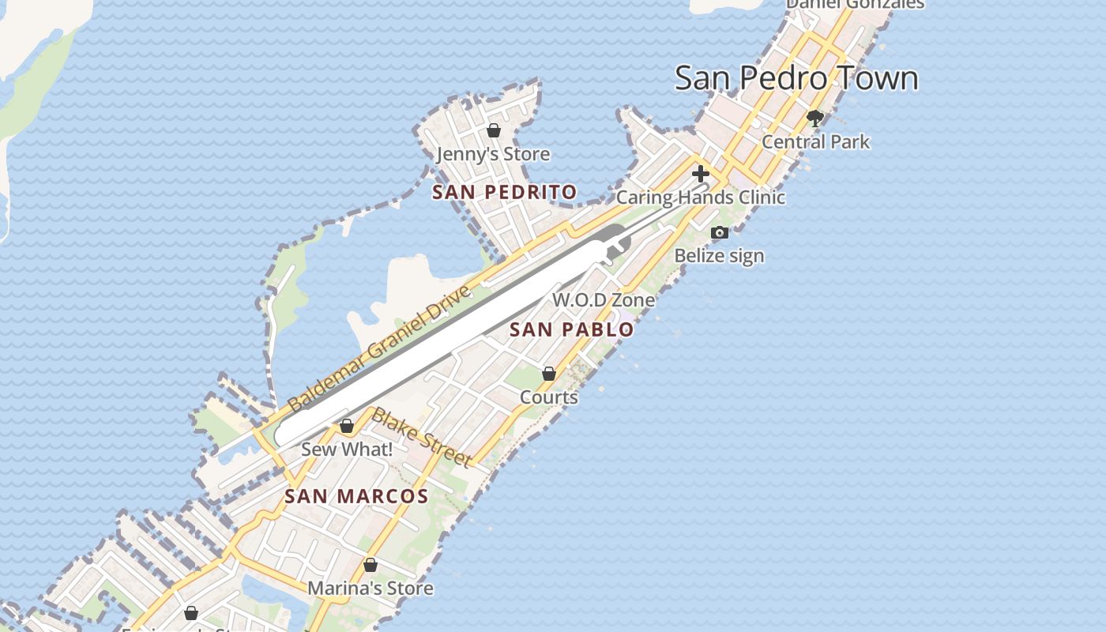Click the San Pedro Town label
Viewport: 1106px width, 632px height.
[796, 78]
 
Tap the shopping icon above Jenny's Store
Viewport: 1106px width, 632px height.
[494, 130]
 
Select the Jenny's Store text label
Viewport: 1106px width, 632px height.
[493, 154]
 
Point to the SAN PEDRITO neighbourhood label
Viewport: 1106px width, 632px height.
[505, 192]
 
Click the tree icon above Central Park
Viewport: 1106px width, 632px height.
[815, 119]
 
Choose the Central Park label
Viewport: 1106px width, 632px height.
[815, 142]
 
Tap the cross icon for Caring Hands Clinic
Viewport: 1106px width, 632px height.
[700, 174]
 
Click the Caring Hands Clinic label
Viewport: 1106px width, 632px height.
[700, 197]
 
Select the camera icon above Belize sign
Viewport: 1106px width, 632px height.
[719, 232]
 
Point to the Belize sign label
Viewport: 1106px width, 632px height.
[719, 256]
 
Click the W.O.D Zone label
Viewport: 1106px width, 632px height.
[604, 300]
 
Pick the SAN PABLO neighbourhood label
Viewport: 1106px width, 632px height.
[572, 329]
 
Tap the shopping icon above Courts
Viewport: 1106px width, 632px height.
[549, 374]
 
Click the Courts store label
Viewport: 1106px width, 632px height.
[549, 397]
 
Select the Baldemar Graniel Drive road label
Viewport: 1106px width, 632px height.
[379, 348]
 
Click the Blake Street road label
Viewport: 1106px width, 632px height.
[422, 437]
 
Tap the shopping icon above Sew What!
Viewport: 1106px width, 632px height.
[346, 427]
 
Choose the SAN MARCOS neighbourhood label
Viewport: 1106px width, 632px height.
[356, 497]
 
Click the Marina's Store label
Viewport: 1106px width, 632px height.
[370, 589]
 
